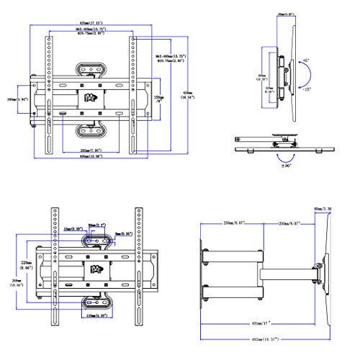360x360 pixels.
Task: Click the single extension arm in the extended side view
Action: (279, 271)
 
